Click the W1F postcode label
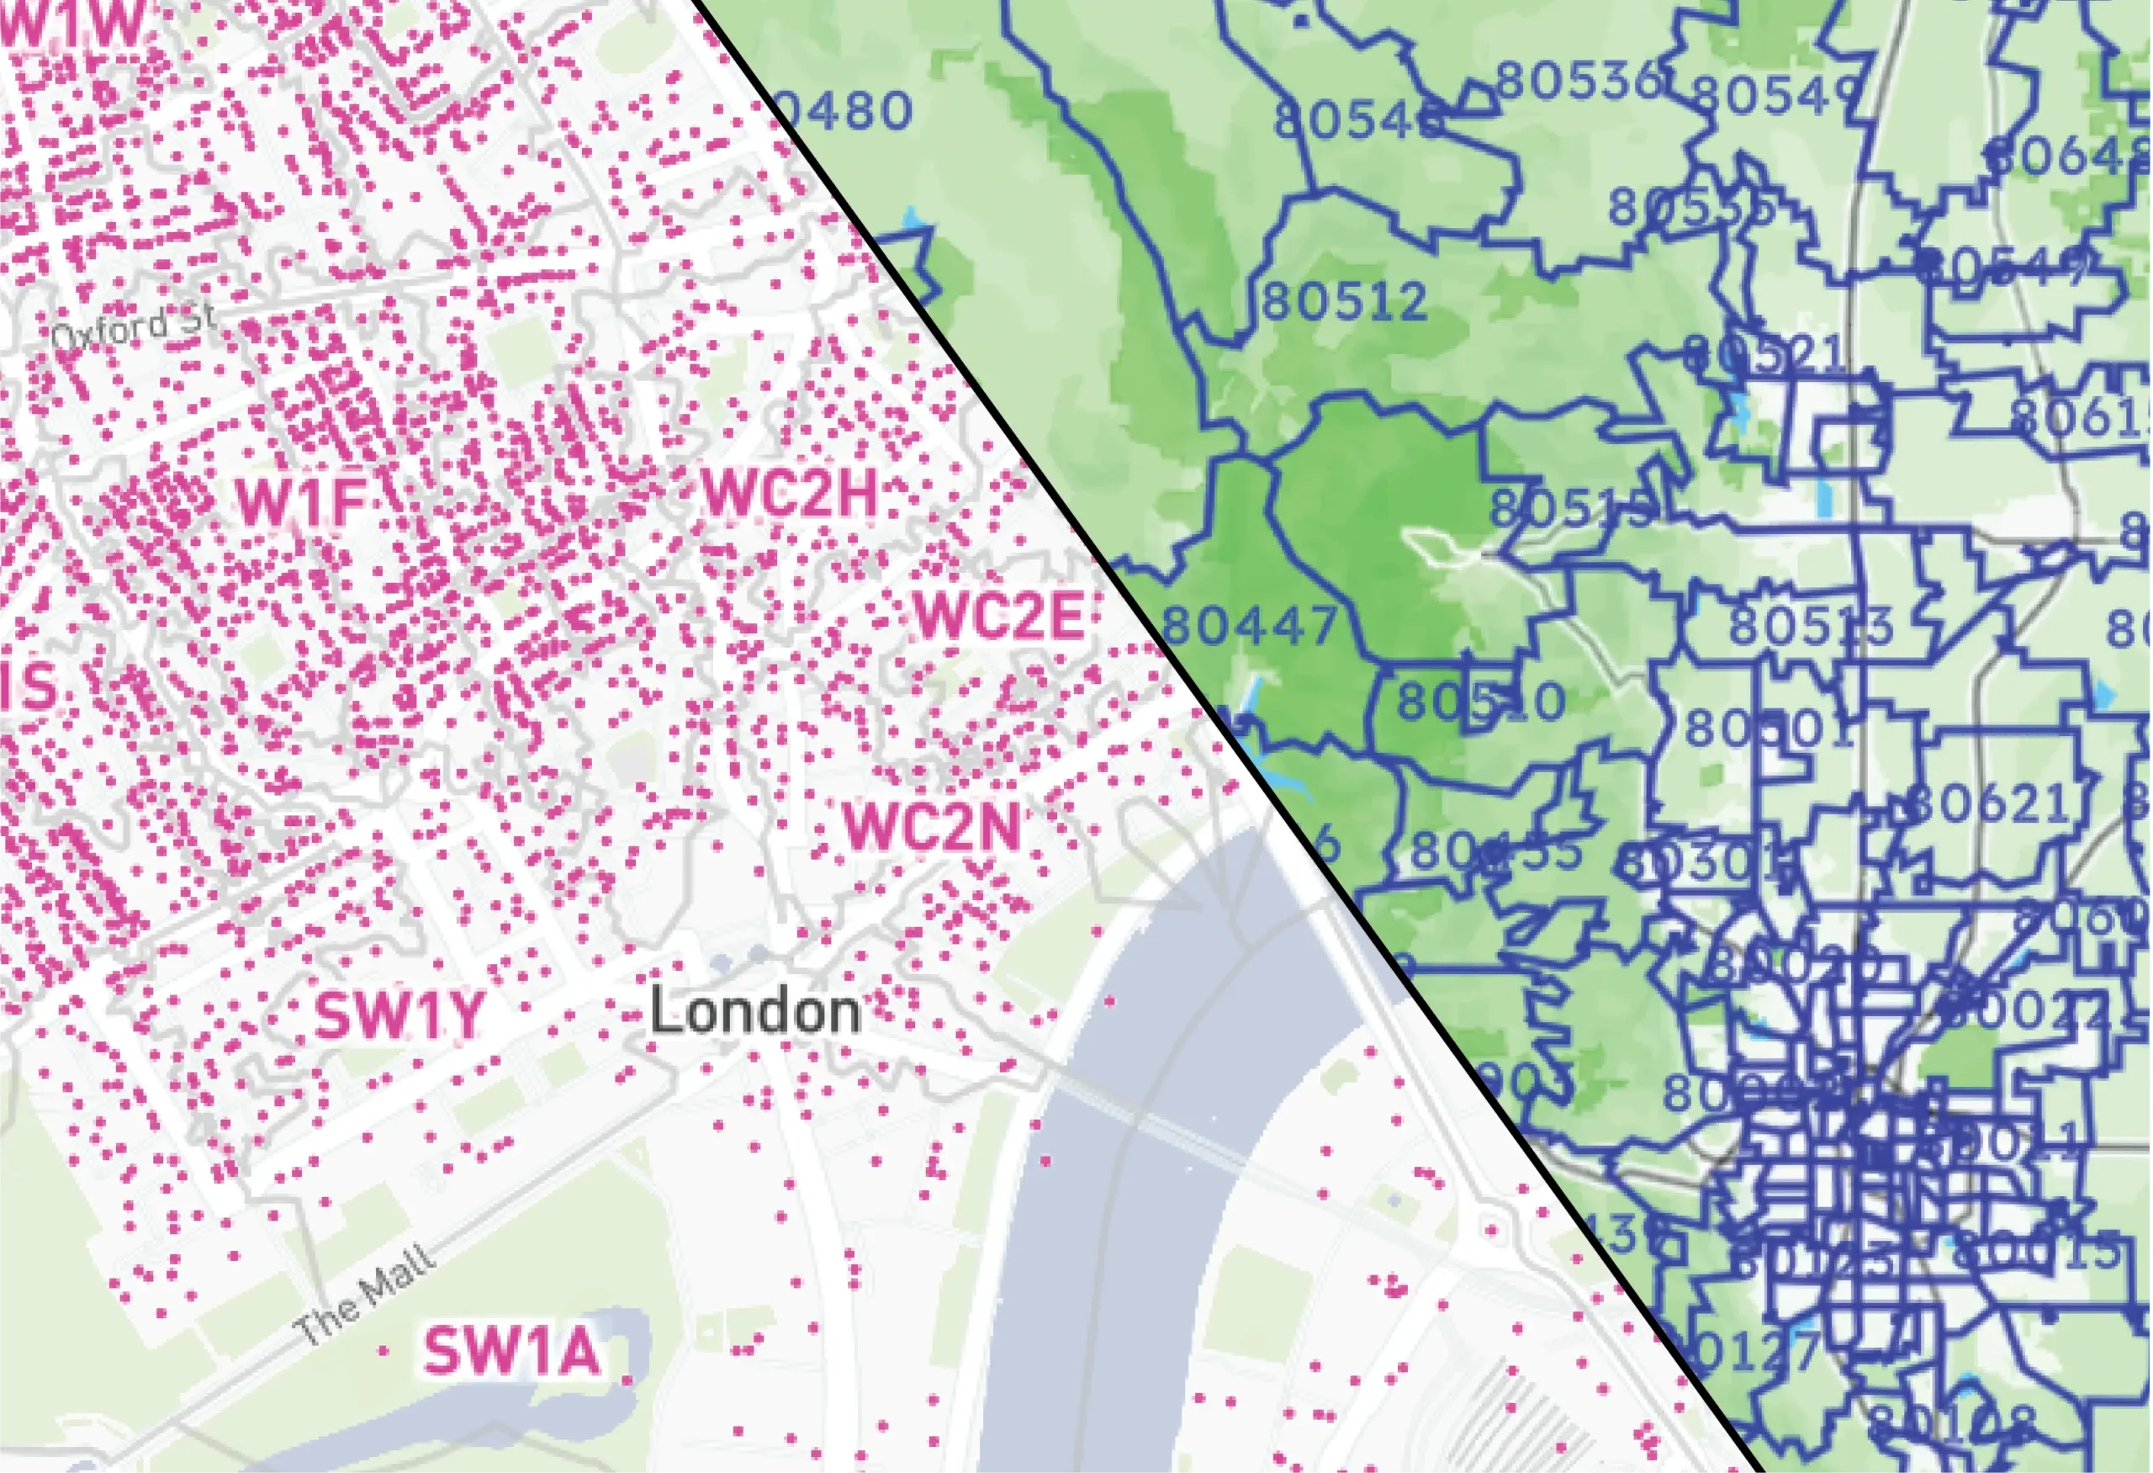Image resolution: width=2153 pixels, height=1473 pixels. [302, 501]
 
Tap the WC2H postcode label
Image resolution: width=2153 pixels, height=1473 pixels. [791, 493]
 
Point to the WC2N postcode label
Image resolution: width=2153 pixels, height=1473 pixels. [932, 826]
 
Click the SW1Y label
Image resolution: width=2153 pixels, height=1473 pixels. [399, 1016]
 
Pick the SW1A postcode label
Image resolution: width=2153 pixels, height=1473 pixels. [512, 1352]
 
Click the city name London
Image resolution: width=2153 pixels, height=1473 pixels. [755, 1010]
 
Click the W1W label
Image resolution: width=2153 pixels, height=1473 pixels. [74, 25]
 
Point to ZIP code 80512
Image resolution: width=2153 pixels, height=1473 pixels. [1345, 302]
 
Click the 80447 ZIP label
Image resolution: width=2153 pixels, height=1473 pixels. [1250, 625]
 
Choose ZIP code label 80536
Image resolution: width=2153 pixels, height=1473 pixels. [1579, 82]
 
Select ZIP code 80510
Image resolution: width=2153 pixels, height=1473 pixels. [1480, 702]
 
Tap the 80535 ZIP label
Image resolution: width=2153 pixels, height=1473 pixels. [1691, 208]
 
